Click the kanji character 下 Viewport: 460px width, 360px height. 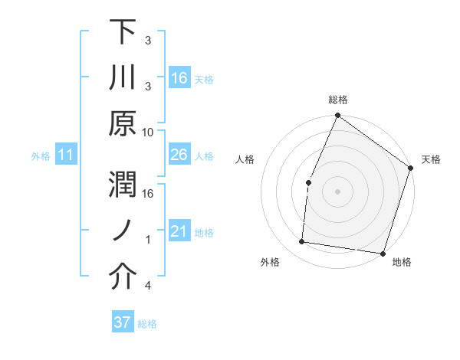(122, 32)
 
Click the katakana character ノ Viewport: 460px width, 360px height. (122, 231)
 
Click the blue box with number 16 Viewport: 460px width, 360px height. (179, 78)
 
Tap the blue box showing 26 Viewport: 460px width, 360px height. (179, 155)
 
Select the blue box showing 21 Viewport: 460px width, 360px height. (179, 231)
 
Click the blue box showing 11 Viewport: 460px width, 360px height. (66, 155)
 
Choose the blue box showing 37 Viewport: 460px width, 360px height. (123, 322)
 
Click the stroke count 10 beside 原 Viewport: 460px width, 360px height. (149, 131)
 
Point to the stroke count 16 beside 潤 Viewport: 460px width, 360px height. (149, 193)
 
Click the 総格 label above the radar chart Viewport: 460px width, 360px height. (337, 100)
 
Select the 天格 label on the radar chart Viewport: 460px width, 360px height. (431, 159)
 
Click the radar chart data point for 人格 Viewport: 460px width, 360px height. (308, 182)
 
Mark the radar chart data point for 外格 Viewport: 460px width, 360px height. (302, 242)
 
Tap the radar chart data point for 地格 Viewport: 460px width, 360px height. (382, 253)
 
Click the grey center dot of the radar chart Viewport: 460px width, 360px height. (337, 191)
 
